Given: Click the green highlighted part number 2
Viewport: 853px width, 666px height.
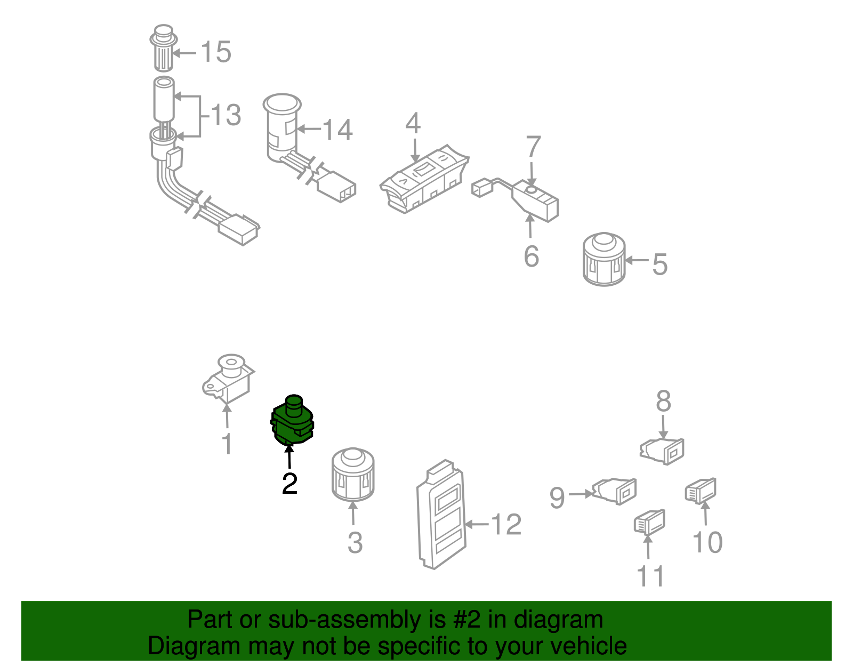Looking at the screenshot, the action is [292, 421].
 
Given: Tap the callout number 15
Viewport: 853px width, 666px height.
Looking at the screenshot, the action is [215, 52].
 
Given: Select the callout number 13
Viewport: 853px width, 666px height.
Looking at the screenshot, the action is [226, 115].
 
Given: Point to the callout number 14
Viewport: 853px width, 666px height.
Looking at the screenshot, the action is [337, 130].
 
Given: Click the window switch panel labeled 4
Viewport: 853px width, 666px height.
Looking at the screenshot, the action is [424, 179].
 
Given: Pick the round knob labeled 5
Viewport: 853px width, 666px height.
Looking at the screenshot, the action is [603, 259].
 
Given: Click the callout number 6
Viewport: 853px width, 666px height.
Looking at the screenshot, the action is [531, 256].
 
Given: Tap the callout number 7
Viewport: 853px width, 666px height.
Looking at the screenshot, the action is [533, 147].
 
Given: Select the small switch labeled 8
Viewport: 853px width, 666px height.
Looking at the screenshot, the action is [662, 452].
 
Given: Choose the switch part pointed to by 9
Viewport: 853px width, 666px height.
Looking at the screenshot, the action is [614, 491].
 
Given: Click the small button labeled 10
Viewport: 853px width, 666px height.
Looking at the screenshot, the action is [701, 491].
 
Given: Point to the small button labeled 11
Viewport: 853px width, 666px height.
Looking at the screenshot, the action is [650, 523].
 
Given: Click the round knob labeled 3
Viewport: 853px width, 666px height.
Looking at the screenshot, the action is [352, 475].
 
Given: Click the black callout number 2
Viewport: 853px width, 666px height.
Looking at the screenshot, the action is [289, 484].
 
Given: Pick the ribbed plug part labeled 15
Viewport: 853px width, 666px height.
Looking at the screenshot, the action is [164, 49].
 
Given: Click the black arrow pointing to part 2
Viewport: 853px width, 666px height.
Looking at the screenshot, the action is [289, 456].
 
